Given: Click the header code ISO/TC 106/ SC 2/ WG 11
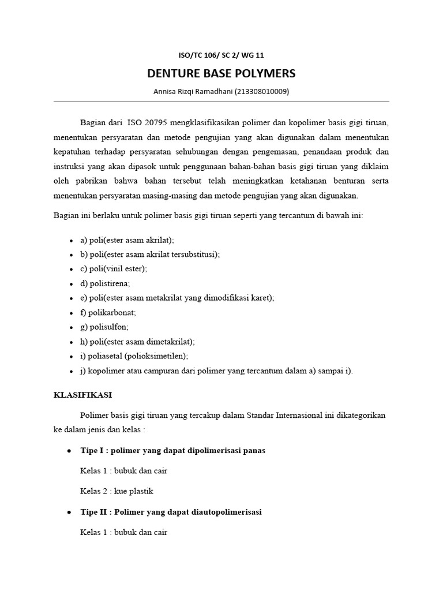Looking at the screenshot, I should tap(221, 55).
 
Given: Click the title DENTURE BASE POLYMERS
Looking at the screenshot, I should tap(221, 73).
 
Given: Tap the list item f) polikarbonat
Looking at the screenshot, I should tap(108, 312).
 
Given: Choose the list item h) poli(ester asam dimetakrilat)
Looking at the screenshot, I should tap(138, 342).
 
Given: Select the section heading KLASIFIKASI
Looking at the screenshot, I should tap(82, 395).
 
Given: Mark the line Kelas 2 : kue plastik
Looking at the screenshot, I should tap(117, 491).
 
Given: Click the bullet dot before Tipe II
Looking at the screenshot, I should tap(70, 512).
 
